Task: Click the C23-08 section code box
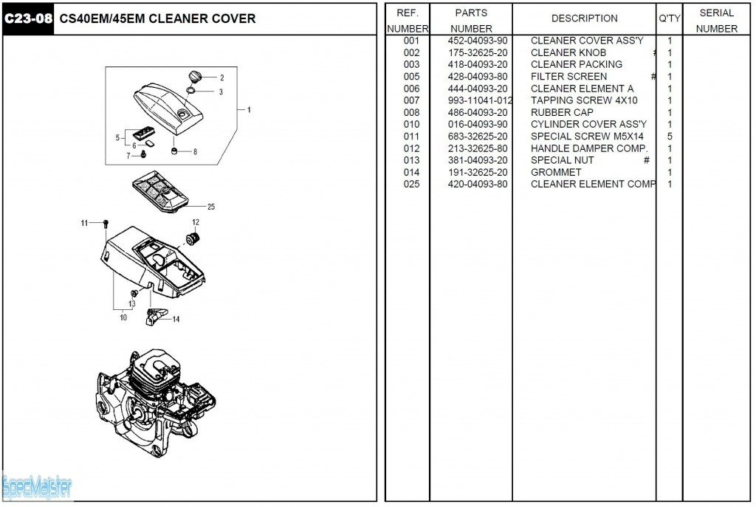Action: point(28,19)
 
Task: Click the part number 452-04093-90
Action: point(478,41)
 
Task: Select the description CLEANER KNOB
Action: point(568,53)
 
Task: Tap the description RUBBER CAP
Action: point(562,112)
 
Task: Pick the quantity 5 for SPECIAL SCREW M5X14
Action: point(670,137)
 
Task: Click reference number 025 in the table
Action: point(411,184)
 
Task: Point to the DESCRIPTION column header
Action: point(584,18)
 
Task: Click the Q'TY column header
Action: point(669,18)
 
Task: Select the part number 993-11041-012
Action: point(480,100)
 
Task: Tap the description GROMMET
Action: point(556,172)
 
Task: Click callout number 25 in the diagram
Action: point(211,207)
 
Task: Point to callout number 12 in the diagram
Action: point(196,222)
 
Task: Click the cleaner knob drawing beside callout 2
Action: point(194,77)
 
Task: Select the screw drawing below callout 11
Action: point(107,224)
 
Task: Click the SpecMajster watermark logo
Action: point(37,488)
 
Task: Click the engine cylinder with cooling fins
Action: point(156,375)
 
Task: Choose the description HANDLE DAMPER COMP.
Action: point(589,148)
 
